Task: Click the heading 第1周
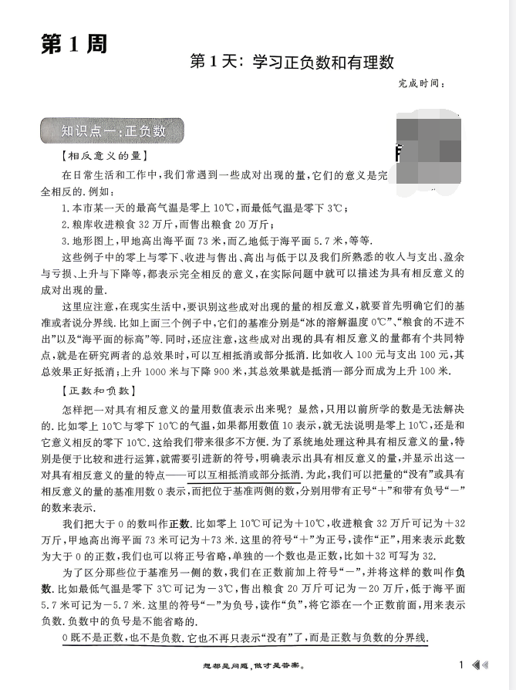point(71,44)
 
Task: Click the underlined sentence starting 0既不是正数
point(245,638)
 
